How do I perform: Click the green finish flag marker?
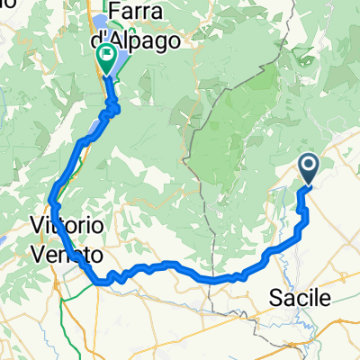[106, 59]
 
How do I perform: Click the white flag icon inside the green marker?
[106, 58]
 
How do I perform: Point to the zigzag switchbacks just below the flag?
[112, 109]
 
